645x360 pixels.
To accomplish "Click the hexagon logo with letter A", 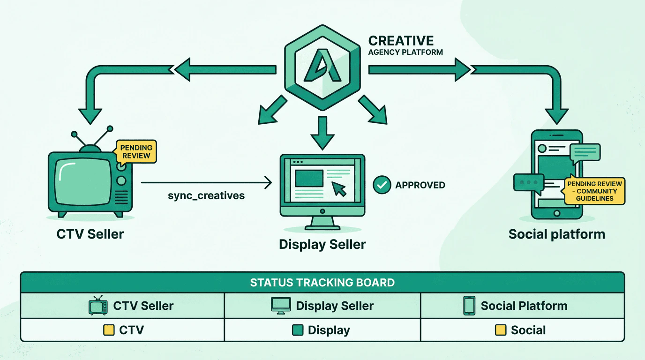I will [x=322, y=68].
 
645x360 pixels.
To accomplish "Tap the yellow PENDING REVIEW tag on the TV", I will [x=136, y=151].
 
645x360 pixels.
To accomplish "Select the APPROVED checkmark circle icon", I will [x=382, y=185].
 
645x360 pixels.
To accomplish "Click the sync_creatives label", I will [x=206, y=195].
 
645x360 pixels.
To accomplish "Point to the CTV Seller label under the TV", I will [x=90, y=234].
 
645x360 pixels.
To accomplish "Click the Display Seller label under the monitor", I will [x=322, y=244].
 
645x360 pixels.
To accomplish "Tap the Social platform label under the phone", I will [x=556, y=234].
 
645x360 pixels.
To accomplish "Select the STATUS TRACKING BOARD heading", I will [x=322, y=283].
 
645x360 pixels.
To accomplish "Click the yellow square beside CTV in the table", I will [x=109, y=330].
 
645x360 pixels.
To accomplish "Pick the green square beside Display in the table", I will [x=297, y=330].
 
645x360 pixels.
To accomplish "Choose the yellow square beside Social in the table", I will [x=501, y=330].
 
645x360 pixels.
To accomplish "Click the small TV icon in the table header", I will [x=98, y=306].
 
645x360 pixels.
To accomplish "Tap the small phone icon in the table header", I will [x=469, y=306].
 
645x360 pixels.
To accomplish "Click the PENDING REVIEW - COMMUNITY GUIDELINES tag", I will [x=594, y=191].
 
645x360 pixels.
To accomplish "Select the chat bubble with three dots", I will [x=529, y=182].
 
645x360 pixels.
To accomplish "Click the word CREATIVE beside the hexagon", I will [x=401, y=41].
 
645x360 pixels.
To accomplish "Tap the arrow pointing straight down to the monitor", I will [x=322, y=133].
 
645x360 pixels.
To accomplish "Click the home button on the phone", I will [x=557, y=213].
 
